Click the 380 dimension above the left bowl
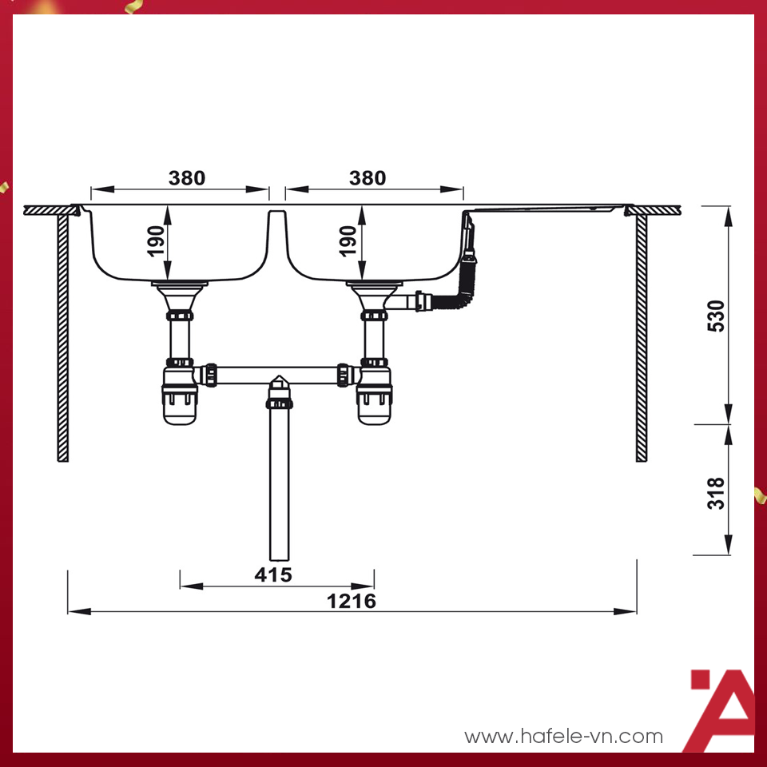click(x=186, y=177)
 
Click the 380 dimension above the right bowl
click(x=368, y=177)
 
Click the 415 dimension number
click(x=273, y=574)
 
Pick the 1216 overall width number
click(x=352, y=601)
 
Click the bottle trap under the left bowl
click(x=180, y=395)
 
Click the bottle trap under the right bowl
click(x=374, y=395)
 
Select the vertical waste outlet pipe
click(x=279, y=487)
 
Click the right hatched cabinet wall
click(x=641, y=336)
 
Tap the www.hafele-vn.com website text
click(x=563, y=737)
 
